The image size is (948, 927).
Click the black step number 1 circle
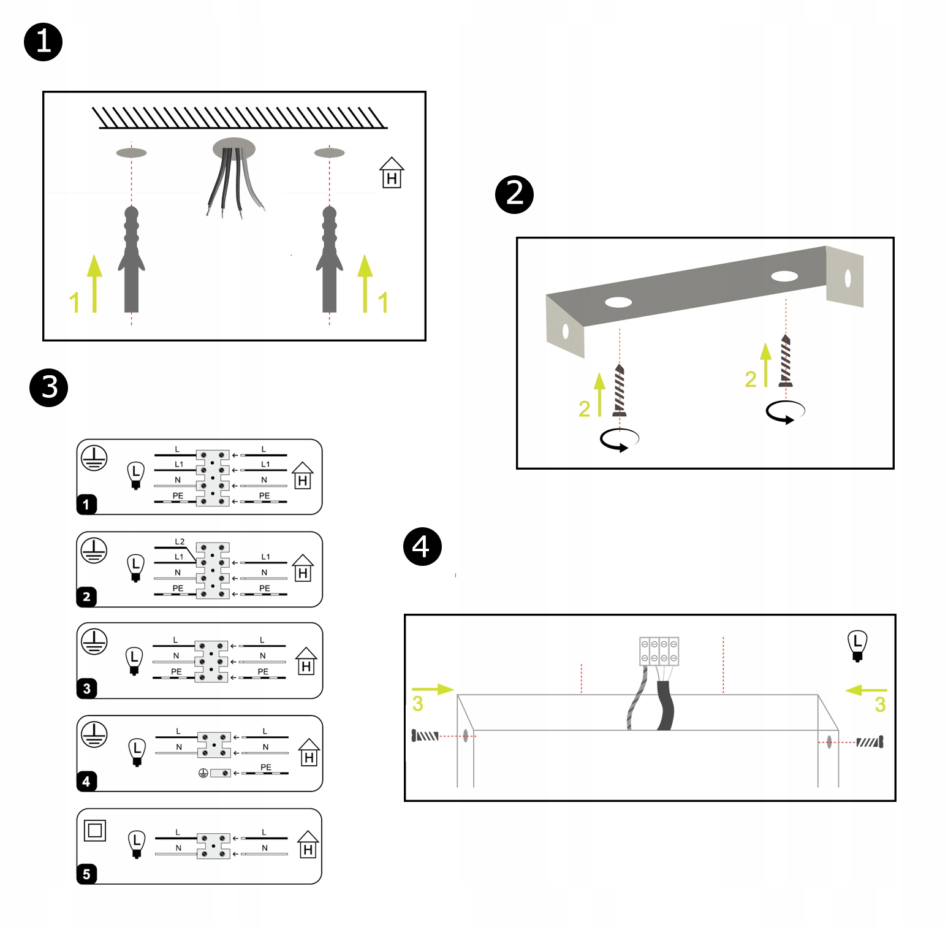tap(43, 42)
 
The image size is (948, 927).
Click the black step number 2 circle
tap(514, 194)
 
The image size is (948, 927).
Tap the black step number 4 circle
tap(422, 546)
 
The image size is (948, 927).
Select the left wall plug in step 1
tap(131, 261)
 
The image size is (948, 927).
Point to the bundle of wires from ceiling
tap(233, 181)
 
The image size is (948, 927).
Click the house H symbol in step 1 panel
tap(392, 174)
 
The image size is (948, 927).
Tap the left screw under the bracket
tap(620, 391)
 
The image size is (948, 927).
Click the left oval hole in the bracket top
tap(618, 302)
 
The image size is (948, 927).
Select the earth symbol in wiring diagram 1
tap(94, 457)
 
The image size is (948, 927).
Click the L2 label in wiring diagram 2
tap(180, 541)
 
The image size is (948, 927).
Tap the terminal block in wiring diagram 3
tap(211, 662)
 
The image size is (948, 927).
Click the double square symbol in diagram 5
tap(95, 830)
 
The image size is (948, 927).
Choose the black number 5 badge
tap(86, 874)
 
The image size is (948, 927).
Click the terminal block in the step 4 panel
tap(659, 651)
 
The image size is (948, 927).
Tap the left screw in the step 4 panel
tap(425, 735)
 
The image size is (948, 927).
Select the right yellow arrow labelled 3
tap(865, 690)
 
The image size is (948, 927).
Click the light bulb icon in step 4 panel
tap(857, 645)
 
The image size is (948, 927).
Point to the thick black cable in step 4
tap(665, 705)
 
